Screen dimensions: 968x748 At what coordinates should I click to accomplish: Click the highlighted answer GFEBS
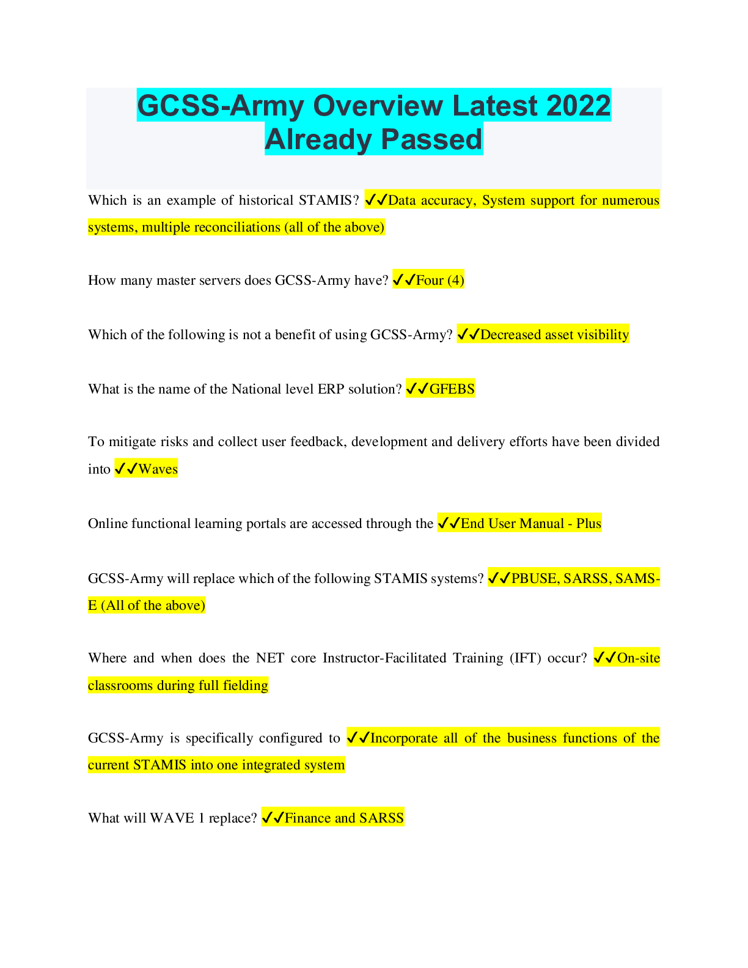click(452, 389)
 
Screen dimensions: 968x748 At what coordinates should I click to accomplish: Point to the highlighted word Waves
click(158, 469)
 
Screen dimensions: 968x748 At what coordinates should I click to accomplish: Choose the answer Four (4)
click(439, 280)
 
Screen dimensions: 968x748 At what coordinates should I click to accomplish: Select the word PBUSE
click(534, 578)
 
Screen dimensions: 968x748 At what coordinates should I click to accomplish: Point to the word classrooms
click(120, 686)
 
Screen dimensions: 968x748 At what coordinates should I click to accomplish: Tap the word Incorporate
click(404, 738)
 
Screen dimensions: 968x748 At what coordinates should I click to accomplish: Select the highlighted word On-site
click(639, 658)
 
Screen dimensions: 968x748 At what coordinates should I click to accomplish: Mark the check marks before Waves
click(126, 469)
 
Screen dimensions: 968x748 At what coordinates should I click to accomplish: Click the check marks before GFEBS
click(417, 389)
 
